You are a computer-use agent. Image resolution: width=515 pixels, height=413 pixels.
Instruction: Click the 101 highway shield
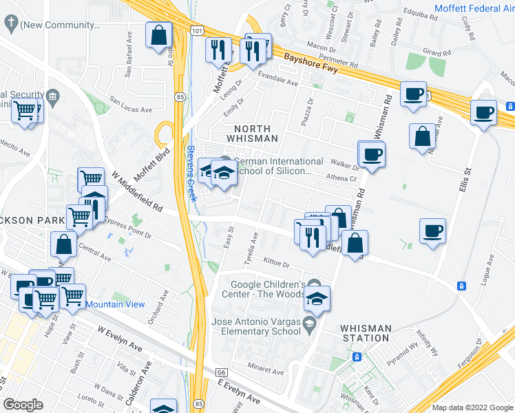tap(197, 32)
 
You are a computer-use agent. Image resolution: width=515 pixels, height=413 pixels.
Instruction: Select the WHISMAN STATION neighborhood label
tap(366, 333)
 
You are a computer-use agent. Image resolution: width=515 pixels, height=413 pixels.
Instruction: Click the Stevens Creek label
tap(192, 173)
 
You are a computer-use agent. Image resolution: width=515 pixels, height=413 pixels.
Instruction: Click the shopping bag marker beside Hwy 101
tap(158, 35)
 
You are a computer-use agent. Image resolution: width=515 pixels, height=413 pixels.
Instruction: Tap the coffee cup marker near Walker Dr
tap(372, 154)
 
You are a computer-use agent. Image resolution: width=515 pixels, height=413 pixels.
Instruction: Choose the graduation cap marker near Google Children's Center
tap(317, 299)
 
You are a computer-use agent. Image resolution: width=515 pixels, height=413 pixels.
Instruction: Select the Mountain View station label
tap(115, 304)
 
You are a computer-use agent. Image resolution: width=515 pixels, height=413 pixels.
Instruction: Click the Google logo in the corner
tap(23, 405)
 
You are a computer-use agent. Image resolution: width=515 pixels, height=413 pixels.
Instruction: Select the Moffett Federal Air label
tap(474, 9)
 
